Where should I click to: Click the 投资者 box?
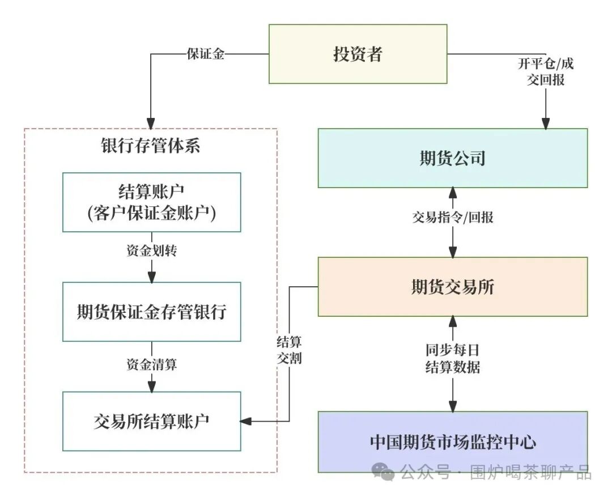tap(358, 54)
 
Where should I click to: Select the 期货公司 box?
tap(452, 158)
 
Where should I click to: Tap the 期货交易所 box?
tap(452, 287)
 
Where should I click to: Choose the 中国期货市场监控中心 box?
tap(452, 442)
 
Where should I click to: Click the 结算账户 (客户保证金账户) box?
tap(151, 202)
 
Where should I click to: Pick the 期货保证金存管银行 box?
tap(151, 312)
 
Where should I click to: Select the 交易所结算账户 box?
tap(151, 421)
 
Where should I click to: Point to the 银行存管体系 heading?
tap(151, 146)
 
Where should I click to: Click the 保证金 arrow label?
tap(205, 54)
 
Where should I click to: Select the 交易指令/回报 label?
tap(452, 217)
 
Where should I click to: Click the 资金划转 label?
tap(151, 250)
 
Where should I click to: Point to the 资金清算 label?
tap(151, 364)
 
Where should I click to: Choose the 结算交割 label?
tap(289, 350)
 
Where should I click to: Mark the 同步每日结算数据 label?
tap(452, 358)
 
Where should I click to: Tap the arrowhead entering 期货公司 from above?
tap(545, 124)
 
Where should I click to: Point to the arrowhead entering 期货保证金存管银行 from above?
tap(151, 277)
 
